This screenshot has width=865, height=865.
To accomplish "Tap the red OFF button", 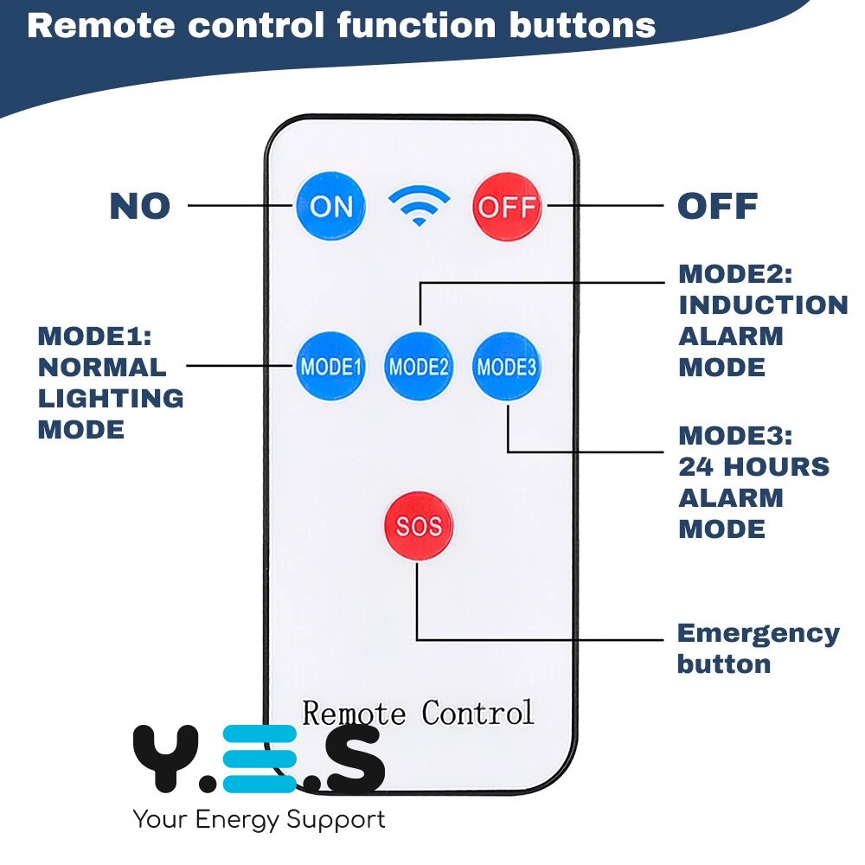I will pos(507,207).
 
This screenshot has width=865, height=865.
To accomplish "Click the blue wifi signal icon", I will pos(419,206).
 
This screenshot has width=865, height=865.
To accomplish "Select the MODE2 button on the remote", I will pos(419,366).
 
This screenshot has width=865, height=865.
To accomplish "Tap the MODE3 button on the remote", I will pos(507,366).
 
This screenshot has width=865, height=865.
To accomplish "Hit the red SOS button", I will pos(419,526).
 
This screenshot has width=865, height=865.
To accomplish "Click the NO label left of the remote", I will pos(140,207).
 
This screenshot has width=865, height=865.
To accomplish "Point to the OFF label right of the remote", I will pos(717,207).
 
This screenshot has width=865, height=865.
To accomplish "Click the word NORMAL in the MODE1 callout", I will pos(102,367).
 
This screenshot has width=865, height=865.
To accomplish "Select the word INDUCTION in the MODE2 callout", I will pos(763,304).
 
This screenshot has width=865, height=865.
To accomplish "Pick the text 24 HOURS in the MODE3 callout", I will pos(753,466).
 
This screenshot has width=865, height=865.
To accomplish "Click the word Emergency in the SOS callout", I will pos(758,633).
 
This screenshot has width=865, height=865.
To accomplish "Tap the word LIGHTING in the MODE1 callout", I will pos(111,398).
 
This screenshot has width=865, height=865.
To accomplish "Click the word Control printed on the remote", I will pos(477,713).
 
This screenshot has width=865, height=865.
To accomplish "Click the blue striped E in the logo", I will pos(259,759).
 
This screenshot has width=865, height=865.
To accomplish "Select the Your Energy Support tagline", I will pos(259,818).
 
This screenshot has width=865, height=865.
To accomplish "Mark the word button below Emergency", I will pos(723,664).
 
